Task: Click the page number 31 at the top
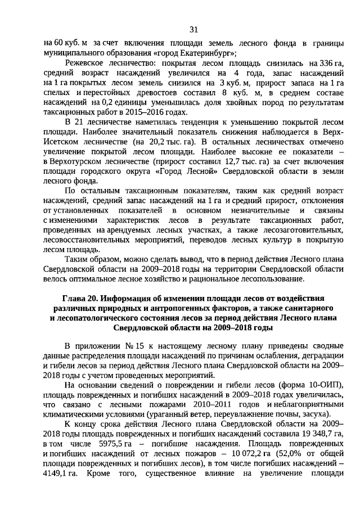[x=193, y=29]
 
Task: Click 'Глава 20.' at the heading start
[x=80, y=297]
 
